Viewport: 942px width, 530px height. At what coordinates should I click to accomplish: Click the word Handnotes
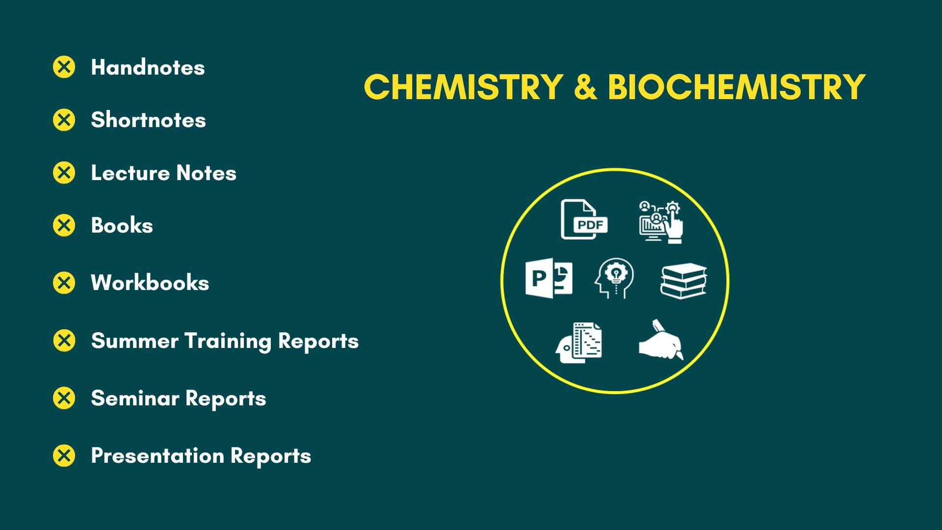click(148, 67)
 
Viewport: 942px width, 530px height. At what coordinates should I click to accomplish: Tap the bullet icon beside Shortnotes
click(64, 120)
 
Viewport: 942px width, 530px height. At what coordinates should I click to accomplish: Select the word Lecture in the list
click(130, 173)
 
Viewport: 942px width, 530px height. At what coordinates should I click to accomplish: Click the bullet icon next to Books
click(64, 225)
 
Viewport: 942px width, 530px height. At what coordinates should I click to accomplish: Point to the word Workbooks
click(150, 283)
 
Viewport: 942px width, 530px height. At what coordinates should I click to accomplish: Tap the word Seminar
click(135, 398)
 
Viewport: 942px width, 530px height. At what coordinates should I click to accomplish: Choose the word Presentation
click(157, 455)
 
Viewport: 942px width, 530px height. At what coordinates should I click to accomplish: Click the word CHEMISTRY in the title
click(463, 87)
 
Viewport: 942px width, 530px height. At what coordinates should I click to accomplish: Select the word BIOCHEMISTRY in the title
click(736, 87)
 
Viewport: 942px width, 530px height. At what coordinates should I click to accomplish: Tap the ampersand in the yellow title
click(585, 87)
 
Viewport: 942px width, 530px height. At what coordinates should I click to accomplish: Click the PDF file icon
click(584, 219)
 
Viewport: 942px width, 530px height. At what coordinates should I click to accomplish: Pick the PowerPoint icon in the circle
click(549, 277)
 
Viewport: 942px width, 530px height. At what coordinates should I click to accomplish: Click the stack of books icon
click(683, 281)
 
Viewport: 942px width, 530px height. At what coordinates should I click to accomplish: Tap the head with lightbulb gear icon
click(614, 278)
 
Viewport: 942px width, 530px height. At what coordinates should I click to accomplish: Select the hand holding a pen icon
click(661, 340)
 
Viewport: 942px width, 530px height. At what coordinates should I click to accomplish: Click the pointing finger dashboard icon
click(661, 221)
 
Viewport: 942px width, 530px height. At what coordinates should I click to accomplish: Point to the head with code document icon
click(579, 343)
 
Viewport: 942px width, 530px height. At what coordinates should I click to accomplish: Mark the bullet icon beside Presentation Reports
click(64, 455)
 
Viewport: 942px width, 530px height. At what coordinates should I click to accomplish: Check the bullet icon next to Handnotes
click(64, 67)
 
